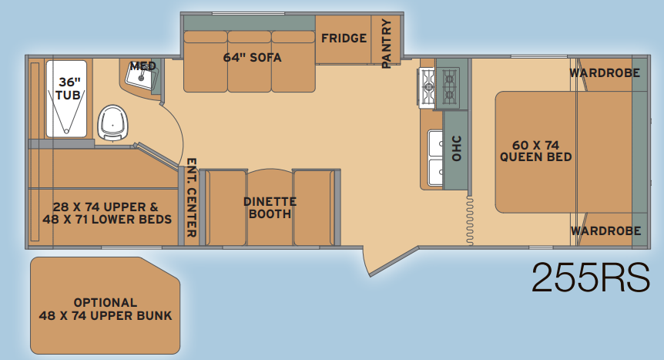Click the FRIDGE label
(x=344, y=39)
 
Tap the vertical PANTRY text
(x=386, y=43)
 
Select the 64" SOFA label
(x=253, y=57)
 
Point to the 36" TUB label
(x=69, y=88)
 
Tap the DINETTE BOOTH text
(x=270, y=207)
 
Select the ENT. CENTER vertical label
(x=191, y=197)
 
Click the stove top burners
(x=439, y=88)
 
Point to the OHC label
(x=456, y=149)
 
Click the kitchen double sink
(x=435, y=158)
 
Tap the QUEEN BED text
(x=535, y=157)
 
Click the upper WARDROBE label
(x=604, y=73)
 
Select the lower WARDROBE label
(x=605, y=230)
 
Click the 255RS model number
(x=591, y=278)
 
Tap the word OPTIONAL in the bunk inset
(x=106, y=302)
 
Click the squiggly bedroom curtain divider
(x=470, y=220)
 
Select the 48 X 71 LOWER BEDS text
(x=107, y=219)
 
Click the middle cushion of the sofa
(x=250, y=61)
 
